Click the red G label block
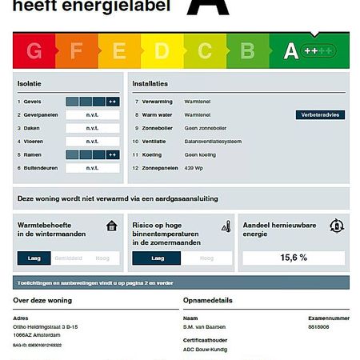tap(34, 52)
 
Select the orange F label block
tap(77, 52)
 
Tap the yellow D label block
tap(162, 52)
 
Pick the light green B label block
tap(247, 52)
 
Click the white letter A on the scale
tap(290, 52)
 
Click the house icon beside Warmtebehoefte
tap(112, 226)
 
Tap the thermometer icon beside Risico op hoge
tap(226, 226)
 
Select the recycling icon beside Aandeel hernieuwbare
tap(338, 226)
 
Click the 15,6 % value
tap(294, 258)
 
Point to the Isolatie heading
tap(30, 83)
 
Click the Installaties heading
tap(150, 83)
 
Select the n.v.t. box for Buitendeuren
tap(92, 168)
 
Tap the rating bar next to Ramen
tap(92, 154)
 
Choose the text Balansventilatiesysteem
tap(213, 142)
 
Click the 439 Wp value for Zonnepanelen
tap(194, 168)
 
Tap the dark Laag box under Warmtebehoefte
tap(34, 258)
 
